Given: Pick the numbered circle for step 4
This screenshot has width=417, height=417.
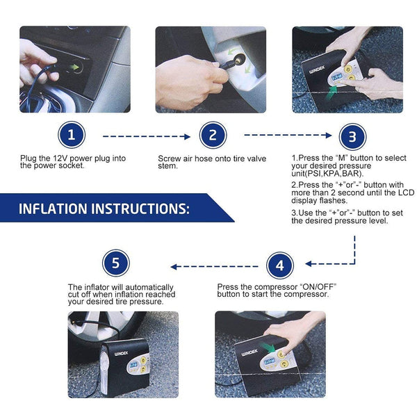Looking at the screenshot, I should coord(280,265).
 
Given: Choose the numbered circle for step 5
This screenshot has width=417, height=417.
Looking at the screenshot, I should coord(115,265).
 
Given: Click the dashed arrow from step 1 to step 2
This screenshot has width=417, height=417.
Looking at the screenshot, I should coord(146,136).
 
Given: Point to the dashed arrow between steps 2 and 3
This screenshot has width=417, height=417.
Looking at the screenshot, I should coord(286,136).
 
